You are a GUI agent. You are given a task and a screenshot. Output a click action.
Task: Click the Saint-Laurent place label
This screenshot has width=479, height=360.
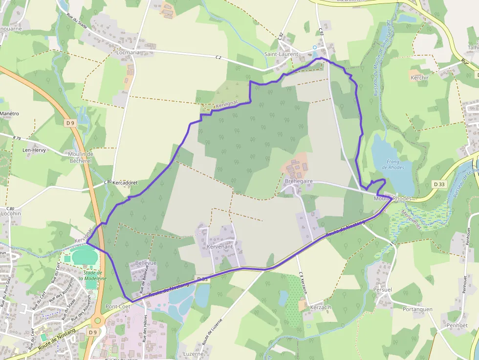tap(281, 54)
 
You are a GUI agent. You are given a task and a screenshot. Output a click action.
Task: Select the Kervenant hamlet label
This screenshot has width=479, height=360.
tap(220, 248)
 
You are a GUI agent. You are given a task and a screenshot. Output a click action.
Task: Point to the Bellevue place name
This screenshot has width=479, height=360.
tap(146, 263)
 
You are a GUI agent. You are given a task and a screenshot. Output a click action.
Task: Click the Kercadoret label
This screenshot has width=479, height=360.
tap(125, 183)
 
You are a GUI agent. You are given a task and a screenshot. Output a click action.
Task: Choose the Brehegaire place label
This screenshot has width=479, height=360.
tap(298, 181)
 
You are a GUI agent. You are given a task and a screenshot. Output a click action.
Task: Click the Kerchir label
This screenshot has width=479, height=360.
tap(419, 78)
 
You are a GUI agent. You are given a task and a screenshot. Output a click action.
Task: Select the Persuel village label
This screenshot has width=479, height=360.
tap(382, 290)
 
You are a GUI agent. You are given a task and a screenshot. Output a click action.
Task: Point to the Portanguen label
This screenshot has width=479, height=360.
tap(417, 309)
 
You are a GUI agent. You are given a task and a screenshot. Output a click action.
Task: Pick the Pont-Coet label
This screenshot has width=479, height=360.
tap(118, 306)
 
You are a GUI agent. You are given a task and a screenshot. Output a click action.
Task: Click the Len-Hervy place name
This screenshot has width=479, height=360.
tap(34, 150)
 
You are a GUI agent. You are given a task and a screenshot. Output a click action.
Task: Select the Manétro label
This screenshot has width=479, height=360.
tap(10, 114)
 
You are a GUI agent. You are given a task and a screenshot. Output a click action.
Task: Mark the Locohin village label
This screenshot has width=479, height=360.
tap(11, 213)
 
